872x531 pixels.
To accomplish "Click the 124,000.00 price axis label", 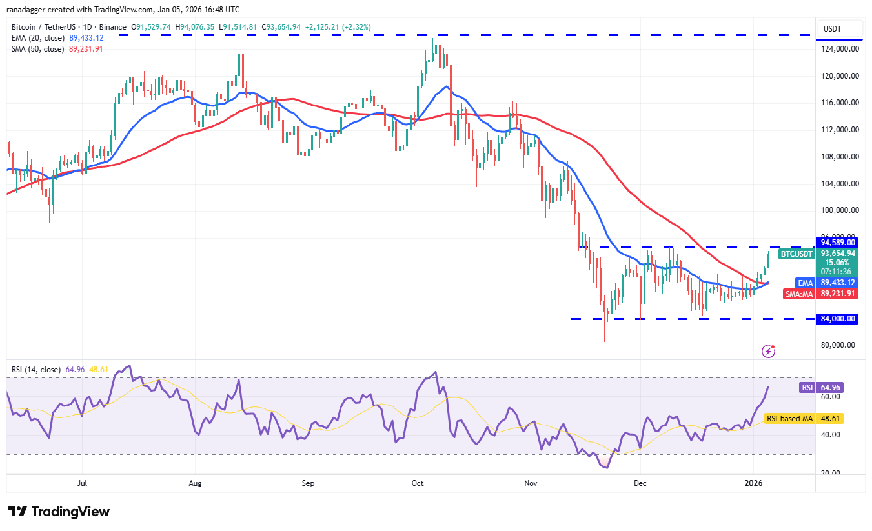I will (838, 49).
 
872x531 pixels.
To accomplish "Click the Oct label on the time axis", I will (418, 482).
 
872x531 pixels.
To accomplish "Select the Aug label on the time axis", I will (196, 482).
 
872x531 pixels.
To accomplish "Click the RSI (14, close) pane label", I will (36, 370).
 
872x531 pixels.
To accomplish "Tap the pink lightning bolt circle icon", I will (769, 351).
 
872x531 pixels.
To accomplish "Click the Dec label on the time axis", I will (640, 482).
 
